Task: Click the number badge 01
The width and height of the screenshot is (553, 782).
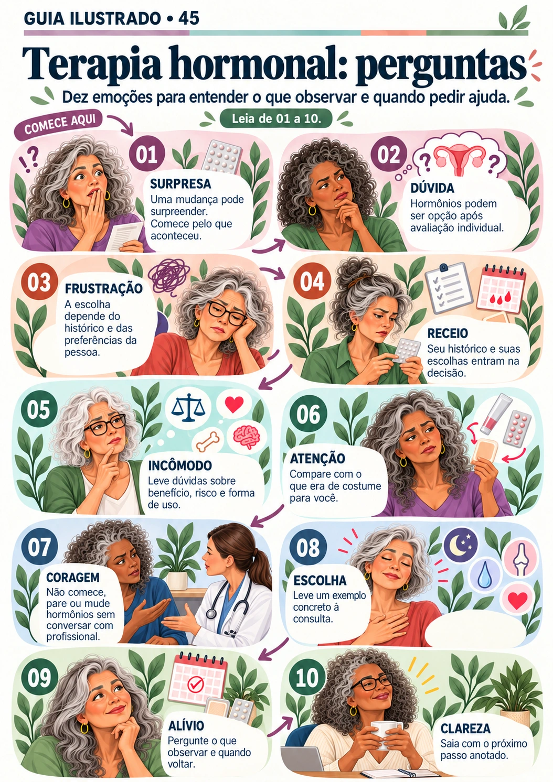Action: click(x=146, y=154)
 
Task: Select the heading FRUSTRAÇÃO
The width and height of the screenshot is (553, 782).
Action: click(x=104, y=289)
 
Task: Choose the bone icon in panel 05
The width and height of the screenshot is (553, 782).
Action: click(x=209, y=441)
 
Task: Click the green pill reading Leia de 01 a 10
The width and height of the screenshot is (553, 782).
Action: click(x=276, y=119)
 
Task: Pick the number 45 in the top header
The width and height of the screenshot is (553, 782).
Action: click(x=188, y=18)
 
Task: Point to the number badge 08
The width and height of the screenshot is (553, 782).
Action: click(x=307, y=547)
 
